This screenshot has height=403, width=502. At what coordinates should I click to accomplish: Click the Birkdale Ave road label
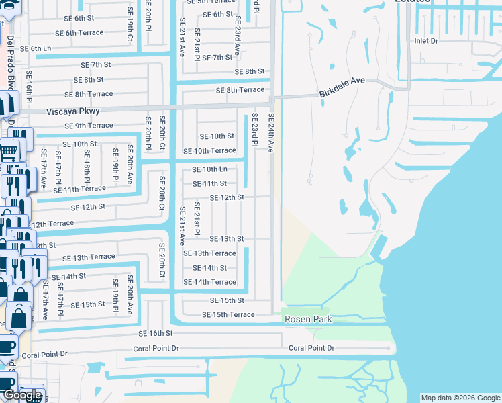pos(342,87)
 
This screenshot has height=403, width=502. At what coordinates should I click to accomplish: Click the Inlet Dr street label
pos(425,41)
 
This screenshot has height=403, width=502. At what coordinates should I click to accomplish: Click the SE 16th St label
pos(156,333)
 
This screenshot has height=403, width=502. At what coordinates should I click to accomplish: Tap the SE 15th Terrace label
pos(228,314)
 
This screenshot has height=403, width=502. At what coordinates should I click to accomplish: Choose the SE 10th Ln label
pos(209,169)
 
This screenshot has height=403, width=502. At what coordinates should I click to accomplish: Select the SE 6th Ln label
pos(36,48)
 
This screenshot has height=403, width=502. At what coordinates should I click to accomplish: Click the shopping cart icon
pos(8,150)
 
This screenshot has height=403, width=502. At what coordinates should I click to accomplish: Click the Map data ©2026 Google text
pos(460,398)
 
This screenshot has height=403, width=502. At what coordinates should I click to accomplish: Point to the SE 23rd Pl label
pos(255,130)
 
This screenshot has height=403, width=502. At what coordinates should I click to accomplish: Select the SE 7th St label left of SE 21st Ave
pos(95,64)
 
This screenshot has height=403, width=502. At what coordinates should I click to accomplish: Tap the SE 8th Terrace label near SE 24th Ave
pos(240,90)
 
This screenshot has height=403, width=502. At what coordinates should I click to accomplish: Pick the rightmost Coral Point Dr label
pos(311,348)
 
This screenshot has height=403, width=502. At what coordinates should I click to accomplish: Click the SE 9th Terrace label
pos(89,126)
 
